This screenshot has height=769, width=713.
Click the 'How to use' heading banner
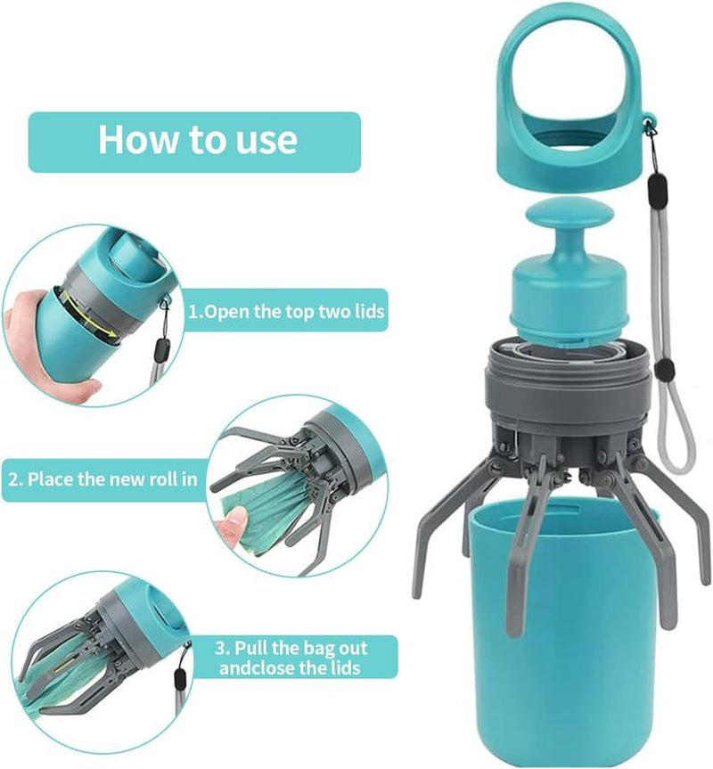[195, 141]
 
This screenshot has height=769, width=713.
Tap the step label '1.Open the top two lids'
[287, 313]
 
